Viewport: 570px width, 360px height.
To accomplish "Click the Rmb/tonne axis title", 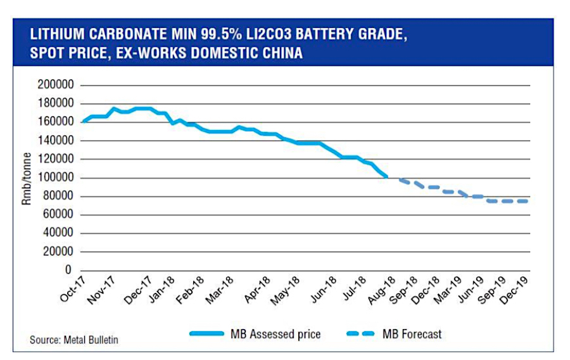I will (x=28, y=177).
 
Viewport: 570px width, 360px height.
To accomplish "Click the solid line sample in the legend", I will (x=213, y=333).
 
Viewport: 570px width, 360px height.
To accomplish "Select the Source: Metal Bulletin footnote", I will (x=73, y=340).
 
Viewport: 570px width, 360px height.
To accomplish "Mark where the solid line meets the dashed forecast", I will (x=387, y=177).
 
